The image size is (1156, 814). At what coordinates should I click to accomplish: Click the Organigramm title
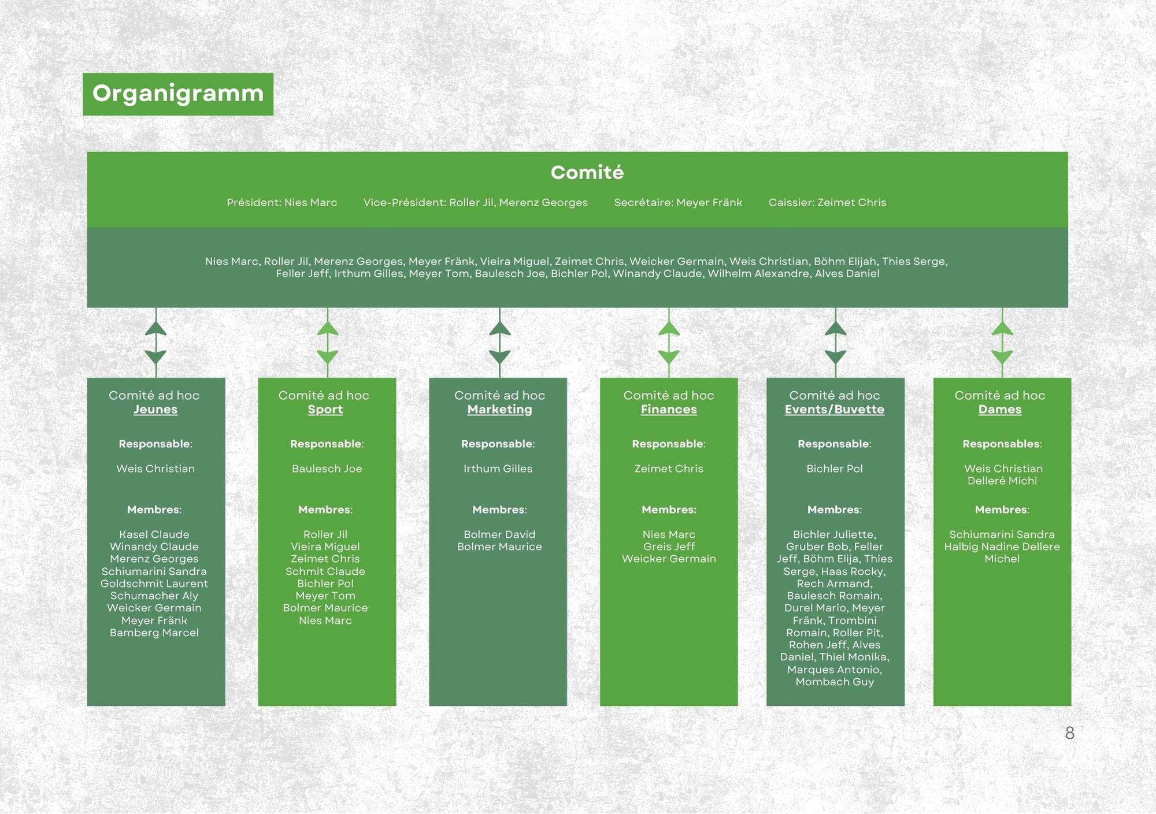(178, 94)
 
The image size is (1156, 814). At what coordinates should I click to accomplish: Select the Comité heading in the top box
(587, 172)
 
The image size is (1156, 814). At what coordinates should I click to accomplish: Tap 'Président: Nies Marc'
(281, 202)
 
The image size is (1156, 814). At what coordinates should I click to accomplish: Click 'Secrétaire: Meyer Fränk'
(677, 202)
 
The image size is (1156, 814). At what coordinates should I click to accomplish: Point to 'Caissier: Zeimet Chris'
(827, 202)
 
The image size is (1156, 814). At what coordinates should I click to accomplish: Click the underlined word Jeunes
(155, 410)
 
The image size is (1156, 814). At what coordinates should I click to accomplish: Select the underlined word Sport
(325, 410)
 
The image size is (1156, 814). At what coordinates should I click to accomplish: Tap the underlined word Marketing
(499, 410)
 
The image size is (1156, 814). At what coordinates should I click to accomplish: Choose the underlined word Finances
(669, 410)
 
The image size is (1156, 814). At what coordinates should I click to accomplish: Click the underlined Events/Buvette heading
(834, 410)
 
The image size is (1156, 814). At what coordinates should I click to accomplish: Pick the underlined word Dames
(1000, 410)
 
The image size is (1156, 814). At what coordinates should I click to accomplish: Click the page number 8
(1069, 733)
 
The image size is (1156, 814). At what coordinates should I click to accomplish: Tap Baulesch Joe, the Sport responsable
(327, 469)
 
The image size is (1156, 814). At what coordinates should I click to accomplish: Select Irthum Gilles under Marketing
(498, 469)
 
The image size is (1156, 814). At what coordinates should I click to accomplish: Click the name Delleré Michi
(1002, 481)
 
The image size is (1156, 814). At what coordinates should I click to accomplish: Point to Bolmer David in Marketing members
(499, 534)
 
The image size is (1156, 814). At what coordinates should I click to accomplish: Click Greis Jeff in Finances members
(669, 547)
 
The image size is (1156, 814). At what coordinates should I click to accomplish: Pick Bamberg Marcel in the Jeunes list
(154, 633)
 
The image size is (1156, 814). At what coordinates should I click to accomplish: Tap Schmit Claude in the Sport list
(325, 571)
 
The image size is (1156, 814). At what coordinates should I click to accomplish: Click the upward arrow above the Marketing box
(499, 328)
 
